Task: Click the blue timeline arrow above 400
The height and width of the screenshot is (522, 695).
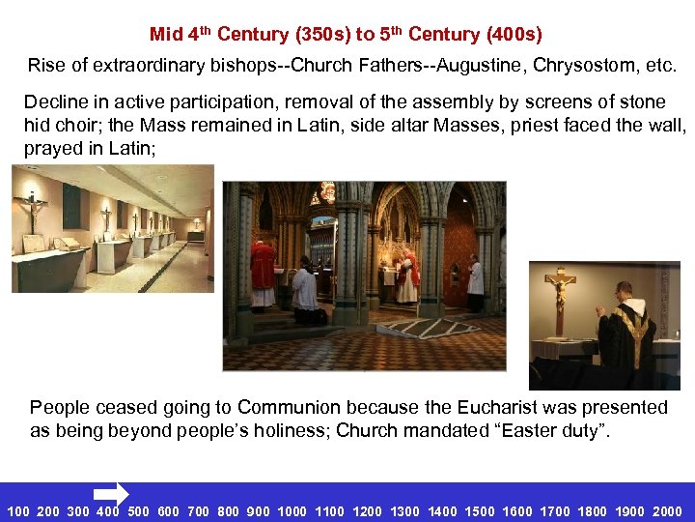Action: pos(113,493)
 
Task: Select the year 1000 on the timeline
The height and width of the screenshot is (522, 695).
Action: pos(292,511)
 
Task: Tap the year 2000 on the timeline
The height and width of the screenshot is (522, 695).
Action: pos(667,511)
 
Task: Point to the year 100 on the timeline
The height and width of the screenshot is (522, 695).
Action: pos(18,511)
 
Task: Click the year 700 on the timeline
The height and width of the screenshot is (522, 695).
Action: pos(198,511)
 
